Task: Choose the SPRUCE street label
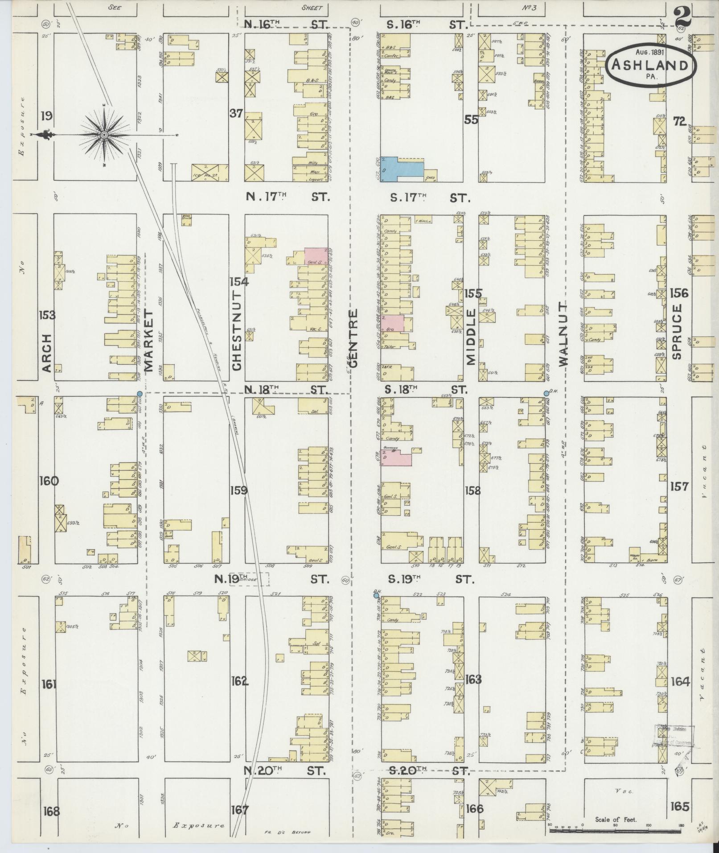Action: [678, 332]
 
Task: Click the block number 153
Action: [47, 315]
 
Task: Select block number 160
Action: [49, 481]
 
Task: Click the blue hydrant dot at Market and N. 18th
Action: [140, 394]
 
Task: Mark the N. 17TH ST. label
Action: [288, 197]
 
